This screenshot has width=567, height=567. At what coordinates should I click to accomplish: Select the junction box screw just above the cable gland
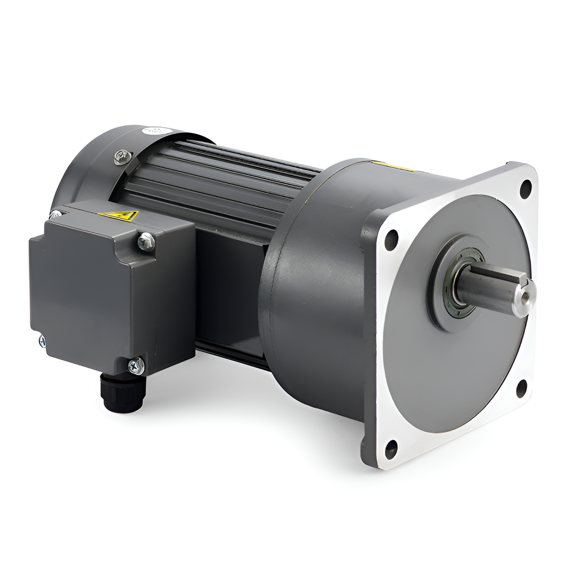click(x=135, y=365)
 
